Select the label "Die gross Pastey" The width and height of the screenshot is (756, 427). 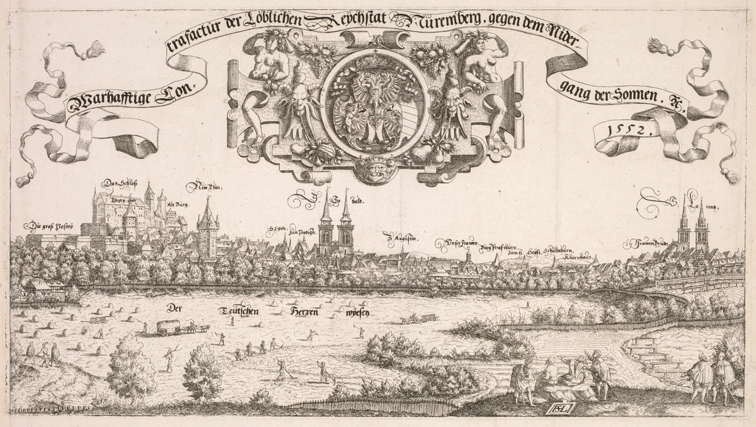[51, 225]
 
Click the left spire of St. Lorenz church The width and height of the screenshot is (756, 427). [684, 224]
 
